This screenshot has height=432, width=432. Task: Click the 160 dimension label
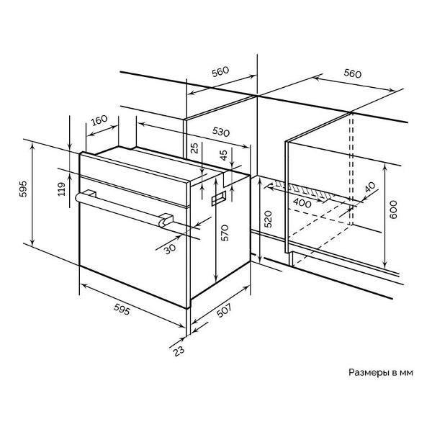tap(99, 120)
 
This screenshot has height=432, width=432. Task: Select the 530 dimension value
tap(221, 132)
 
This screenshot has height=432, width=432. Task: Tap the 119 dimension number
tap(62, 189)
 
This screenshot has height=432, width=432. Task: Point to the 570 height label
tap(225, 233)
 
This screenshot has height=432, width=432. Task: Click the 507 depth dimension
tap(224, 310)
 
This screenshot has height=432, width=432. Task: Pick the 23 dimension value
tap(179, 351)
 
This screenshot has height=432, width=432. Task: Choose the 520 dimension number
tap(268, 219)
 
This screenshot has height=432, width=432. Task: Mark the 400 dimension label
tap(302, 203)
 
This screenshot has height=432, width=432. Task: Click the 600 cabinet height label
tap(393, 210)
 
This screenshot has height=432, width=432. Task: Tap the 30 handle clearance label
tap(170, 249)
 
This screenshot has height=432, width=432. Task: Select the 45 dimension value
tap(224, 155)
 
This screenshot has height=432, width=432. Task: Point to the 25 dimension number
tap(195, 148)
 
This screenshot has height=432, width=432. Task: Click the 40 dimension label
tap(370, 186)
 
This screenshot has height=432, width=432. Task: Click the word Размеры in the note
tap(369, 372)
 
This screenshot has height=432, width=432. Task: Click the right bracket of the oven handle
tap(166, 220)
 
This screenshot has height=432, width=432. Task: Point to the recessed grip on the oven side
tap(218, 199)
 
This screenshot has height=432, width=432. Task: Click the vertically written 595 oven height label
tap(24, 189)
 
